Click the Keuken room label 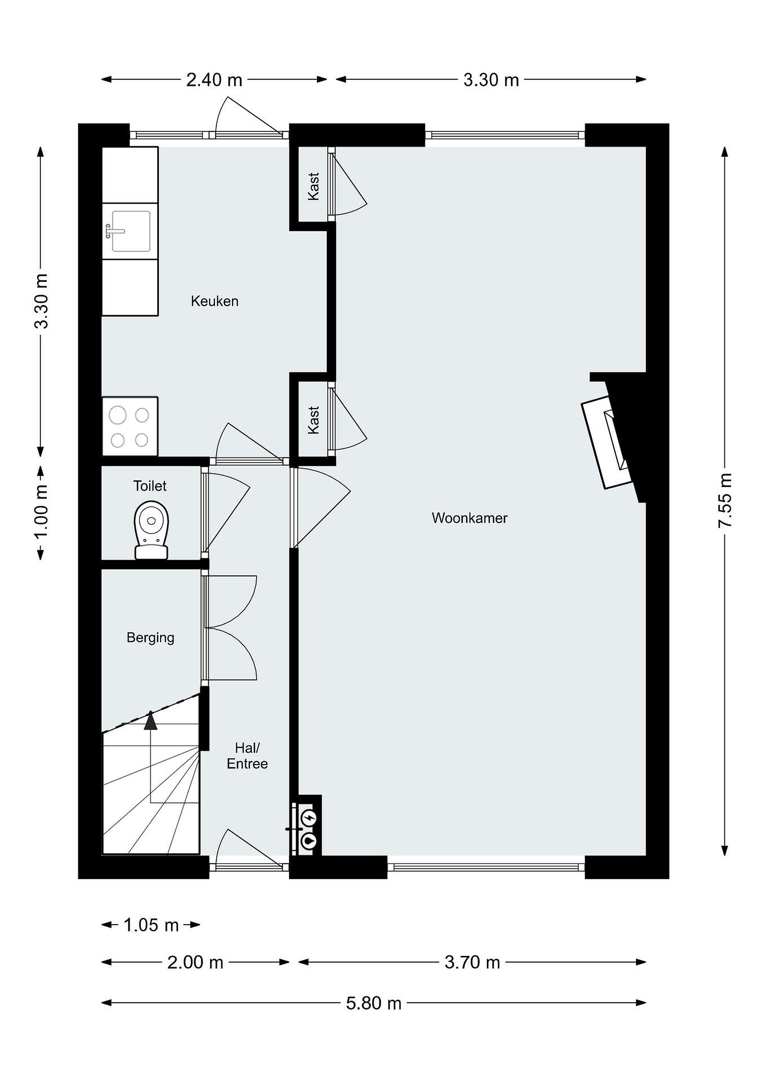tap(214, 301)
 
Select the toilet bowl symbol tap(152, 529)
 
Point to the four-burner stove tap(130, 426)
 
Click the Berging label tap(150, 638)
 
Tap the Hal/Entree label tap(247, 756)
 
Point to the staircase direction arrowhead tap(150, 721)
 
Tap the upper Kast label tap(313, 186)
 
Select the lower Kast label tap(313, 420)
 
